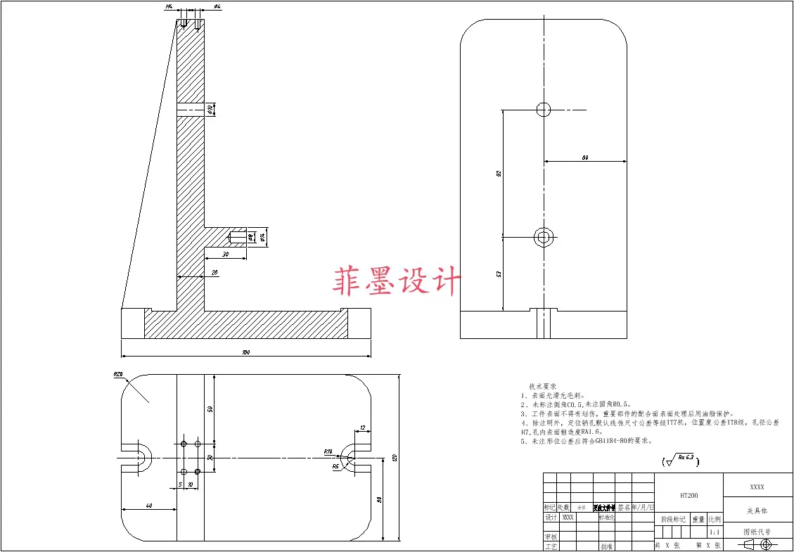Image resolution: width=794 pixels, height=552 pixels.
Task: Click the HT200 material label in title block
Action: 689,495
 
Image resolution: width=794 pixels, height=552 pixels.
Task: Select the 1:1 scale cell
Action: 715,533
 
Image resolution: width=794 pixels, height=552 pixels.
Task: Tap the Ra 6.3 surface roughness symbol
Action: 681,461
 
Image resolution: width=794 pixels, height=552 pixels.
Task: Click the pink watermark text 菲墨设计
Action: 397,281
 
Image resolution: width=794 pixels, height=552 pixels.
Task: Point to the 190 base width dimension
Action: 246,352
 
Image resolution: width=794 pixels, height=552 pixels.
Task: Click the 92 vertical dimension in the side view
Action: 498,172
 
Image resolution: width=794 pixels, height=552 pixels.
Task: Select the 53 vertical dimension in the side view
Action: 498,273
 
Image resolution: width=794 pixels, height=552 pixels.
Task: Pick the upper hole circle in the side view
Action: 543,109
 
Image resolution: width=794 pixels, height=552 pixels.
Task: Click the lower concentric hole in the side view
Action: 543,237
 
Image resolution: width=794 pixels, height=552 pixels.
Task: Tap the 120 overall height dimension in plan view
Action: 395,458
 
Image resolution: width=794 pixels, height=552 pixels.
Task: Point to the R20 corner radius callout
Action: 118,375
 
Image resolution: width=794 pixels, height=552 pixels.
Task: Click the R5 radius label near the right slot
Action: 336,466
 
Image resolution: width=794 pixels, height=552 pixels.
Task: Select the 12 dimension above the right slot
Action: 362,428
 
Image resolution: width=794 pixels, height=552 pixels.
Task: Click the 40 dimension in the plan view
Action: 149,506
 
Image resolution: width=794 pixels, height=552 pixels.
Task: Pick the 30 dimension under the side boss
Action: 225,254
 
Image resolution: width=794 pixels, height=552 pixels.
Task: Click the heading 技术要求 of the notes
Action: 542,387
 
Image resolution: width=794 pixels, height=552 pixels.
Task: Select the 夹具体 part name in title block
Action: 757,511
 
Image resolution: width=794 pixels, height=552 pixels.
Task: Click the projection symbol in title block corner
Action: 757,544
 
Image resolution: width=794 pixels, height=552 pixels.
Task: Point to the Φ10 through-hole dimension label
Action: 210,109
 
